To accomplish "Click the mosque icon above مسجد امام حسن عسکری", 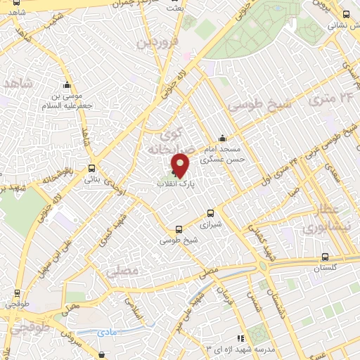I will click(223, 138).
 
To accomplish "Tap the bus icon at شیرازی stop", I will click(210, 214).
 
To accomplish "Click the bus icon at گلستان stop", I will click(325, 257).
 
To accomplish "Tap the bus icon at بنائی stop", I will click(92, 168).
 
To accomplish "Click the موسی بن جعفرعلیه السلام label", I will click(69, 99).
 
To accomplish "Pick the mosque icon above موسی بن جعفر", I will click(67, 82).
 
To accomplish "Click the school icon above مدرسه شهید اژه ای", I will click(240, 338).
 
